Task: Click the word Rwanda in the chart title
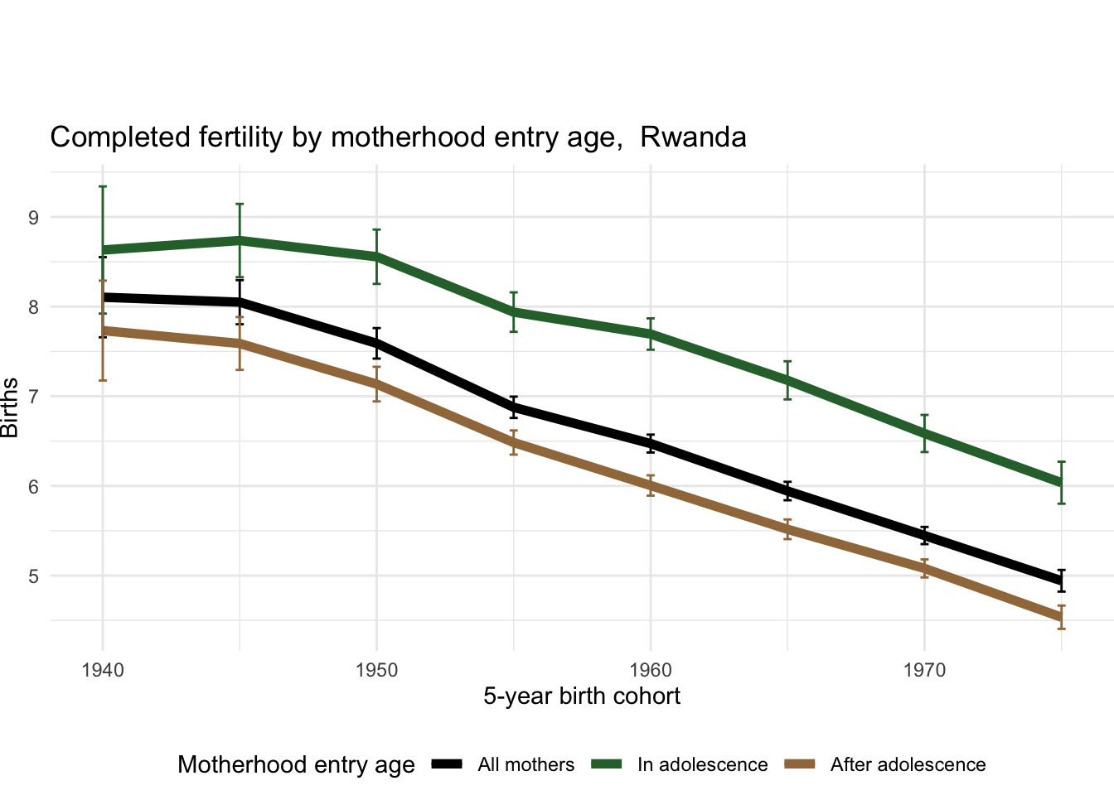[x=693, y=137]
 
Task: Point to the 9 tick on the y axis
[x=33, y=218]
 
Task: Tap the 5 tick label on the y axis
[x=33, y=576]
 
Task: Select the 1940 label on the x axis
[x=103, y=669]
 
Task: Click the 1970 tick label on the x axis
[x=924, y=669]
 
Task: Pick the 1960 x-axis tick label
[x=651, y=669]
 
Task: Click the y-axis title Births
[x=10, y=407]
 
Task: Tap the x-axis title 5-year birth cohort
[x=582, y=696]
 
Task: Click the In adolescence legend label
[x=702, y=764]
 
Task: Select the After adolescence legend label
[x=908, y=764]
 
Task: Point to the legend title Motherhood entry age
[x=296, y=764]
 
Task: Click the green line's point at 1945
[x=240, y=240]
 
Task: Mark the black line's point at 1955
[x=514, y=407]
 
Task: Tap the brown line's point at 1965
[x=787, y=529]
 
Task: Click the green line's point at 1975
[x=1061, y=483]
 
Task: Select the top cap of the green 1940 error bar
[x=103, y=186]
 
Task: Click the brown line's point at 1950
[x=376, y=384]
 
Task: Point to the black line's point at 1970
[x=924, y=537]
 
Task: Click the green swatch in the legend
[x=608, y=764]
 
